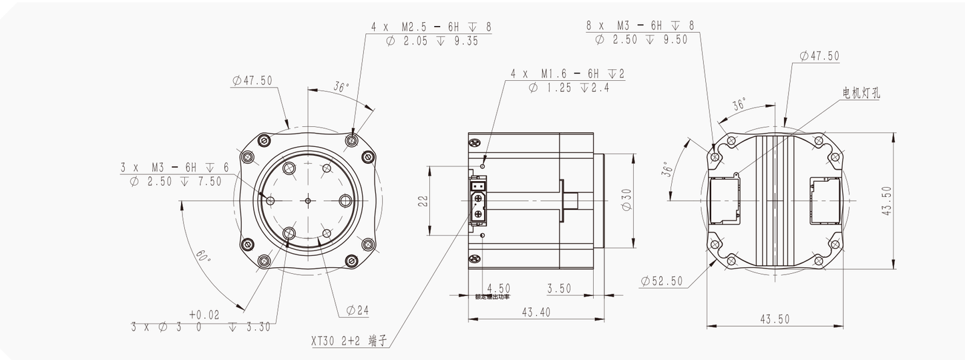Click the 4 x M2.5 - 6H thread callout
click(x=431, y=26)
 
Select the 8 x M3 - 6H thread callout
click(x=640, y=25)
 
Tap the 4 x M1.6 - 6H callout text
click(x=567, y=73)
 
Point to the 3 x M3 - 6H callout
click(x=174, y=167)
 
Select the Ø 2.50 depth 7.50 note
click(x=176, y=182)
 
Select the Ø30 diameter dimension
click(x=627, y=200)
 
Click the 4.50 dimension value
click(x=498, y=289)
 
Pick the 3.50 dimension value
click(x=558, y=289)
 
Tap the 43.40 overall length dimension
click(x=535, y=312)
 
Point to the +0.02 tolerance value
click(x=204, y=314)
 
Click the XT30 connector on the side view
click(x=478, y=201)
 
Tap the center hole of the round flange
click(x=307, y=200)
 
